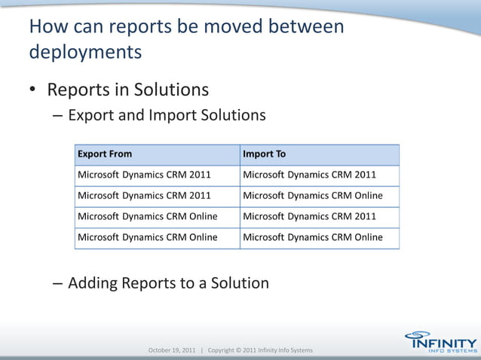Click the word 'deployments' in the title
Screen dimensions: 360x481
[x=84, y=53]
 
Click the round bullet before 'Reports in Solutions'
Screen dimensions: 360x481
[x=33, y=90]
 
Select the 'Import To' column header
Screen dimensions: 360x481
[x=264, y=154]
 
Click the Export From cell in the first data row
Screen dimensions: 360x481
[x=143, y=175]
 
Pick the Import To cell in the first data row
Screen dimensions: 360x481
[x=309, y=175]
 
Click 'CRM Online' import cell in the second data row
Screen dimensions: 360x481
[x=312, y=196]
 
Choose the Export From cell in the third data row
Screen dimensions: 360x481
[x=147, y=217]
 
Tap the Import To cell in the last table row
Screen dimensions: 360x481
[x=312, y=237]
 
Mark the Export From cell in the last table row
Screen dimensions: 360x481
[x=147, y=237]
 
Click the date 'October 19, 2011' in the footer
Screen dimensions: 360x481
[x=172, y=350]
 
